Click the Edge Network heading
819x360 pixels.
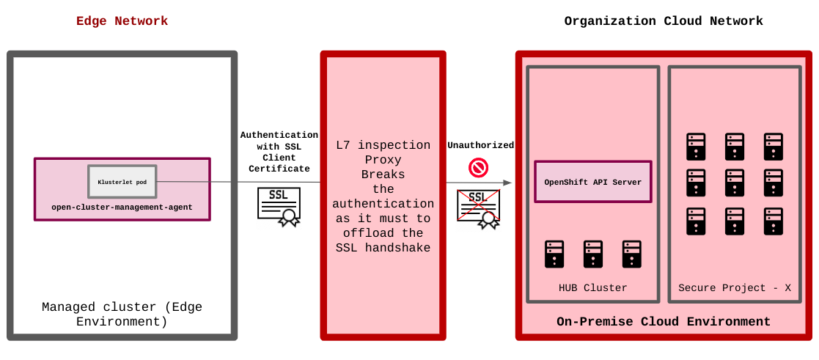122,21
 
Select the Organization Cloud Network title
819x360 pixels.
663,21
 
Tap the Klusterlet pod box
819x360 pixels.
122,181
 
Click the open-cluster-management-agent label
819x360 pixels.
122,207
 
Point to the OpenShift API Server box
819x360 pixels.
592,182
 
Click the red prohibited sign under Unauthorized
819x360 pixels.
478,169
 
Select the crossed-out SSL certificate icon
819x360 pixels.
479,208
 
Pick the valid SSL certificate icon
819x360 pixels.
279,206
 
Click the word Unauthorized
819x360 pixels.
480,145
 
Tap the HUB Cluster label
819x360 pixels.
592,288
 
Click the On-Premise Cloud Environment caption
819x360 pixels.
663,322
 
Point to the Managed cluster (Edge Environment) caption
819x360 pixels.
122,315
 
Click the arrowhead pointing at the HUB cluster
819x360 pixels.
507,183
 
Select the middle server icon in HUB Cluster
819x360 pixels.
592,254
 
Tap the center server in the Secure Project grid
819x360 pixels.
735,183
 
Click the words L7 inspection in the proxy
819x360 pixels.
383,144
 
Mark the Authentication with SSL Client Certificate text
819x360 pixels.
279,152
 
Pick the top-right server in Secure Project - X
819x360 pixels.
773,146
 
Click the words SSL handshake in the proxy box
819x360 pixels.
383,248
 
